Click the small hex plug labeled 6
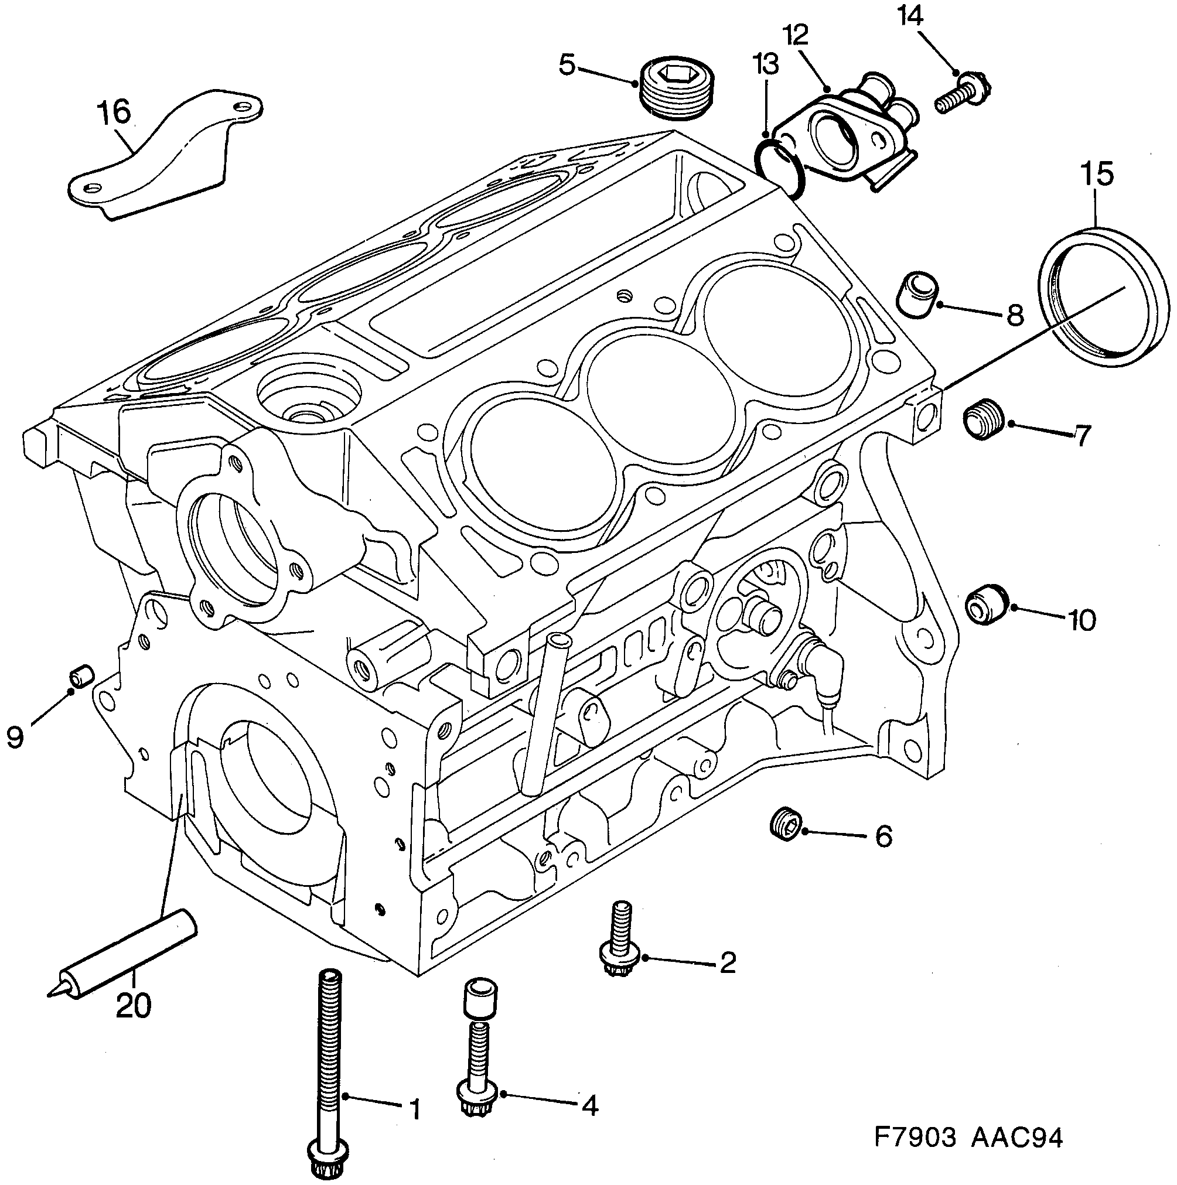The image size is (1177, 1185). point(786,823)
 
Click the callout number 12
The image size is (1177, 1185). point(796,36)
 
